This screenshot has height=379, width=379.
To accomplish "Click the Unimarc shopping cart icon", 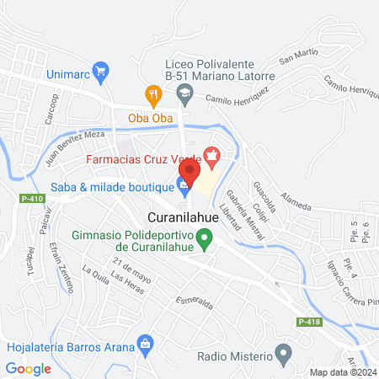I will (x=101, y=72).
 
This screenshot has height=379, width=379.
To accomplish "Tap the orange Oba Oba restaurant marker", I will (x=152, y=93).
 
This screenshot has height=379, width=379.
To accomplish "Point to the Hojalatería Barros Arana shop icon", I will (x=147, y=344).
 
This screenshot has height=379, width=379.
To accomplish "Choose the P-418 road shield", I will (x=308, y=322).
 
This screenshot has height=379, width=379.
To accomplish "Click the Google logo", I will (x=29, y=368).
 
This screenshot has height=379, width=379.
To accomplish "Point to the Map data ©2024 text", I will (x=340, y=372).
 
